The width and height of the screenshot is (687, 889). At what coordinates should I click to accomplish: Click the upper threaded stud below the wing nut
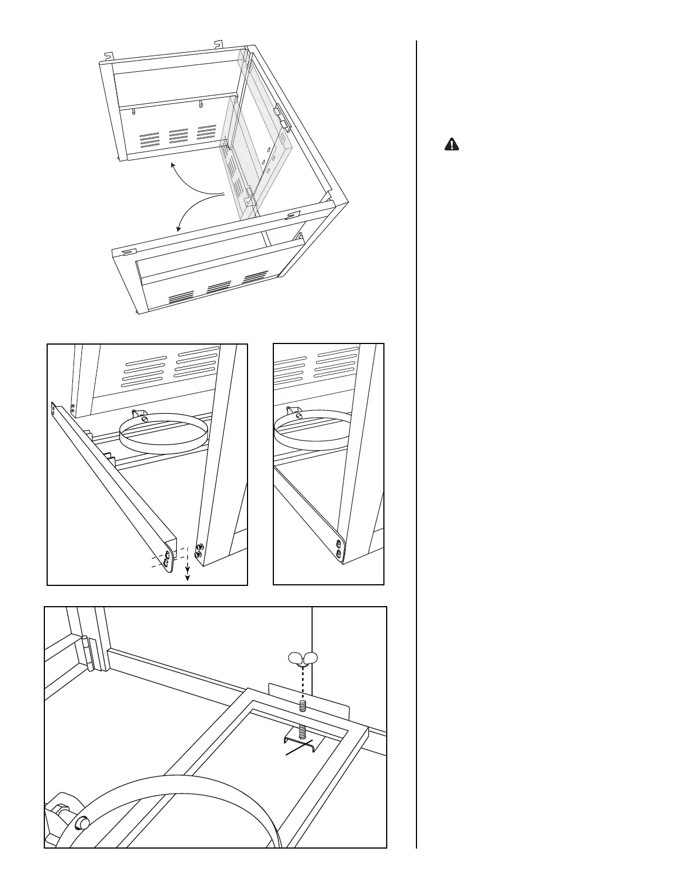(302, 705)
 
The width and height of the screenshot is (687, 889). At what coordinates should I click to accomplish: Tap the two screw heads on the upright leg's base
(199, 549)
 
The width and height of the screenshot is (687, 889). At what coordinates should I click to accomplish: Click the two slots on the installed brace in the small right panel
(338, 548)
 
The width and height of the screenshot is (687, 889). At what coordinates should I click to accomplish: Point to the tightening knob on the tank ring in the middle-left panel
(144, 418)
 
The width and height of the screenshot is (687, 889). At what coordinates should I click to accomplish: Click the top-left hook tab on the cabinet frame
(110, 55)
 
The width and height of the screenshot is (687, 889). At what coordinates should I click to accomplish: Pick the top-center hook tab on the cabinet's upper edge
(218, 43)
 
